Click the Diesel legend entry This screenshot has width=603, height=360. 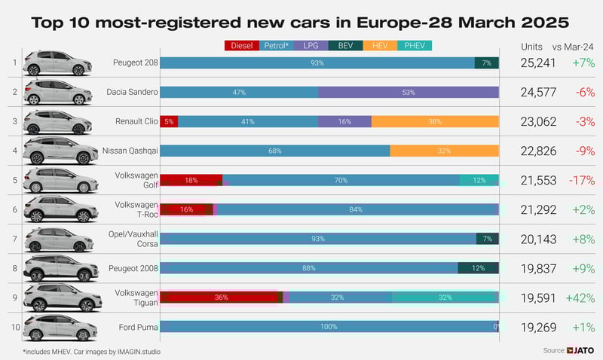click(x=242, y=46)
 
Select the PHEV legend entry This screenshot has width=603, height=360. click(x=412, y=46)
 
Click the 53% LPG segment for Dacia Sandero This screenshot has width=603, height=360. click(x=409, y=92)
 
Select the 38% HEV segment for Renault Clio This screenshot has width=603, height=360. click(x=435, y=121)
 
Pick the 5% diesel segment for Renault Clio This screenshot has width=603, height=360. click(x=169, y=121)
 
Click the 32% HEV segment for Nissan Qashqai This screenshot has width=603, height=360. click(x=444, y=151)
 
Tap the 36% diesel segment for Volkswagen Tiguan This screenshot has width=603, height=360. click(x=220, y=297)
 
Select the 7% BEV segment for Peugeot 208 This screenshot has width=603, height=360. click(x=487, y=63)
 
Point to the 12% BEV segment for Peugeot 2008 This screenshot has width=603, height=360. click(x=478, y=268)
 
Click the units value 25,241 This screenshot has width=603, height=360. click(x=538, y=63)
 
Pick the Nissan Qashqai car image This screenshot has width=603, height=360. click(x=60, y=151)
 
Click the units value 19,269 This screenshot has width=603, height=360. click(x=538, y=327)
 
